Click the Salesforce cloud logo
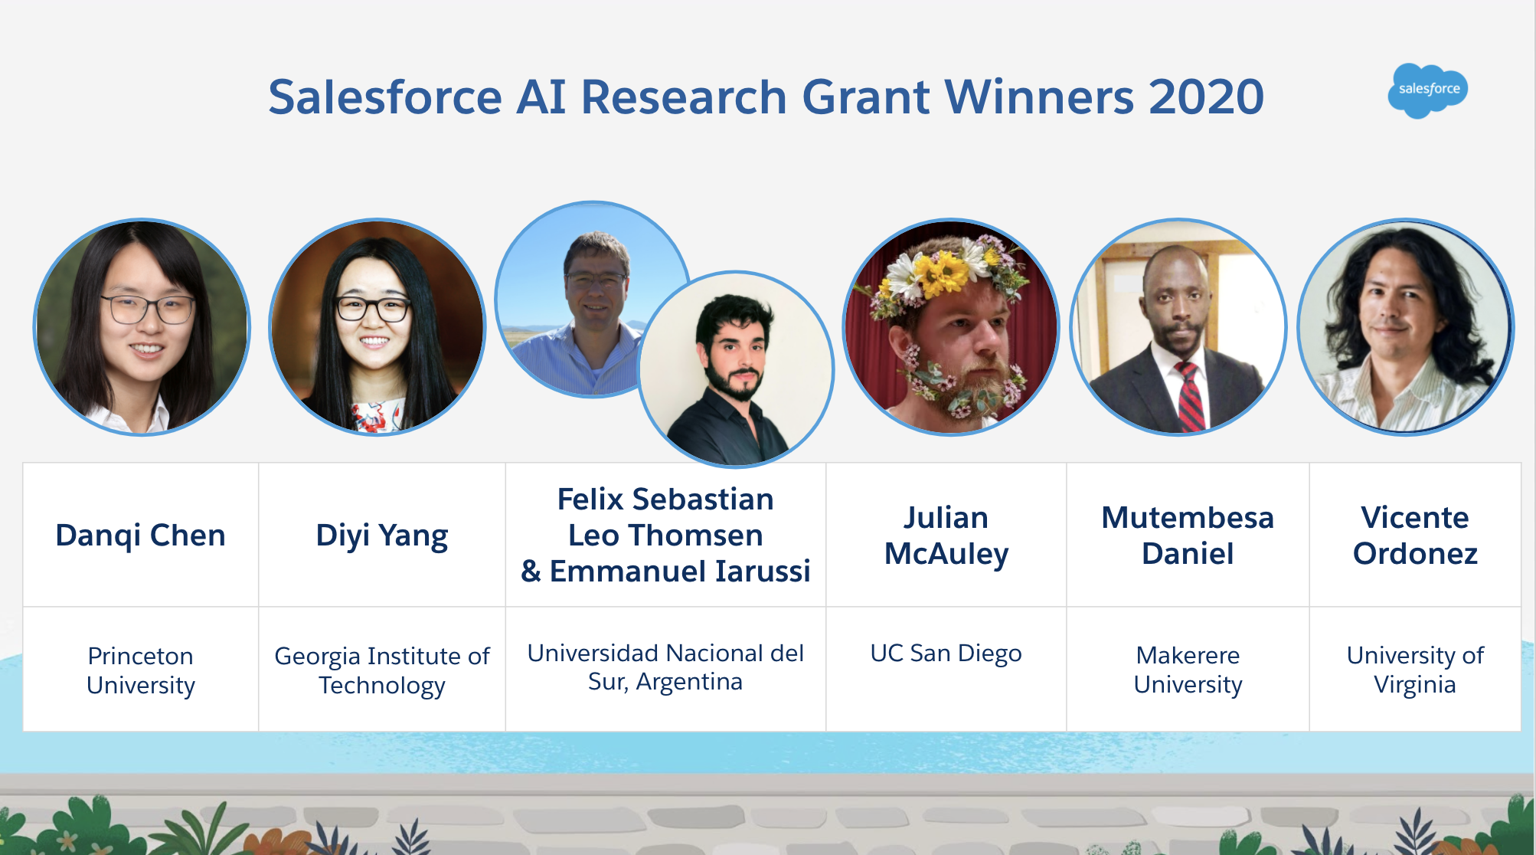(x=1427, y=90)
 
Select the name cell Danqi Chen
(x=141, y=535)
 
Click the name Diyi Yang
(x=381, y=535)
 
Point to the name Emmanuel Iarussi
(x=680, y=572)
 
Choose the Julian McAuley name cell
(x=946, y=535)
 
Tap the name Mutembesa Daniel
(x=1187, y=535)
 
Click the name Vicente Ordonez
(x=1414, y=535)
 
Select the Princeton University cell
(x=141, y=670)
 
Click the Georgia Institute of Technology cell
(x=381, y=670)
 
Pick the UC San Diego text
(x=946, y=653)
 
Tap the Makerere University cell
(x=1187, y=670)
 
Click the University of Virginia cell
(x=1414, y=670)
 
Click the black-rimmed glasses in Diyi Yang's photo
(x=373, y=308)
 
